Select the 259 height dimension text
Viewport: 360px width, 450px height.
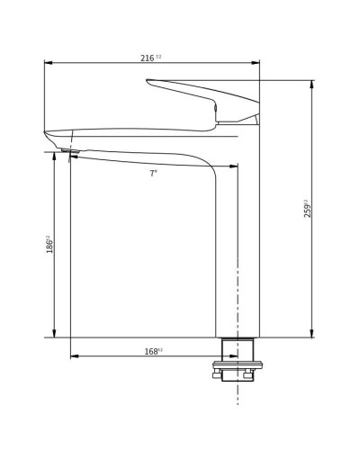click(307, 209)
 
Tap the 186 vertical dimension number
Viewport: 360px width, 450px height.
click(49, 244)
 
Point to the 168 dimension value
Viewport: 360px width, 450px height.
click(152, 351)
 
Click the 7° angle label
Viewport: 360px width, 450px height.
click(153, 173)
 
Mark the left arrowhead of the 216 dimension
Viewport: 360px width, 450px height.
click(48, 63)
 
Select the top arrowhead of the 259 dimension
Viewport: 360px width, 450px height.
click(311, 84)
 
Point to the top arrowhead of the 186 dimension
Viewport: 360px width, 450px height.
click(54, 156)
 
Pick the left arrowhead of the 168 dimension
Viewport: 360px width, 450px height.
click(74, 356)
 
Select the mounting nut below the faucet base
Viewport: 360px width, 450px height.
click(238, 366)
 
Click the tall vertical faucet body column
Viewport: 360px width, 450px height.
click(238, 252)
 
